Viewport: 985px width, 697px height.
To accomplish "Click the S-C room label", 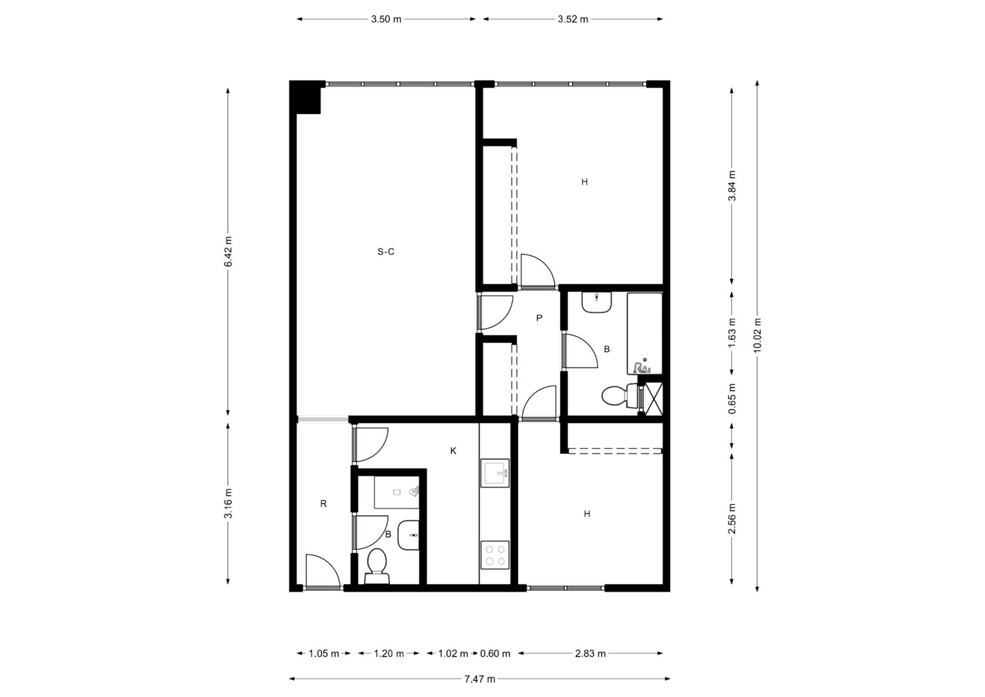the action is [386, 252].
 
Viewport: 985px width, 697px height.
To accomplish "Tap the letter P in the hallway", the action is [539, 318].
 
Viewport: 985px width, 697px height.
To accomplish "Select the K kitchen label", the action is [453, 451].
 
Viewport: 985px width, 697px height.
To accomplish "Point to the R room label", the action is [323, 504].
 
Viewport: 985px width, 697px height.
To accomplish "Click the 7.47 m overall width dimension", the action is [480, 679].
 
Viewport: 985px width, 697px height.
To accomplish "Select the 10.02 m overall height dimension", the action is [758, 335].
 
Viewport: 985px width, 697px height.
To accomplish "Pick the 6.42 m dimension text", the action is [228, 252].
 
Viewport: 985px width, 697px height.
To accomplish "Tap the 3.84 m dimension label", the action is [732, 186].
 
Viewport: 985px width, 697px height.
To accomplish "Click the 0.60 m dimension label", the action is [495, 653].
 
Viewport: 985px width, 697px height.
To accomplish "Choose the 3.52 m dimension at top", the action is [573, 19].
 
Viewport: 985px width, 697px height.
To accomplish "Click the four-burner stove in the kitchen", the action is [495, 555].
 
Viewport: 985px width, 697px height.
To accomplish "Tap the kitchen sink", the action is [495, 473].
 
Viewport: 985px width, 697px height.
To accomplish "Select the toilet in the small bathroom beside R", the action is [377, 566].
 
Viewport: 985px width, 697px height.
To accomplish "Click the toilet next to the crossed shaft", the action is [620, 396].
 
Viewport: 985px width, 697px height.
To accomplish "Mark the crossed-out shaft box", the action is [654, 399].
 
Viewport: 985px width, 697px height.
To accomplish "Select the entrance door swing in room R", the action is [323, 570].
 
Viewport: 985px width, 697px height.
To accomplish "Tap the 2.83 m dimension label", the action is [590, 653].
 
